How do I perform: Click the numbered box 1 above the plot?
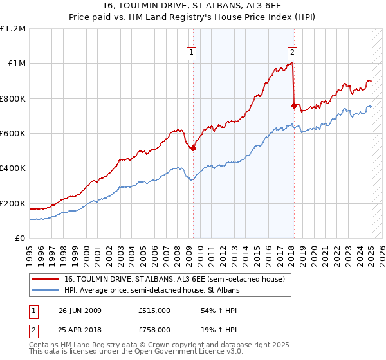click(192, 53)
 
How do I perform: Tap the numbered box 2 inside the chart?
click(292, 53)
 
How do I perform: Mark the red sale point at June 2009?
click(193, 148)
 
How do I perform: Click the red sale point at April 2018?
click(294, 105)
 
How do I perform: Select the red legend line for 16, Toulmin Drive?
click(46, 279)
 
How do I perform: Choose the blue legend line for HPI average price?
click(46, 290)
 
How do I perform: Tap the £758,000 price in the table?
click(154, 329)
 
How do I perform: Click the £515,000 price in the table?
click(154, 310)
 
